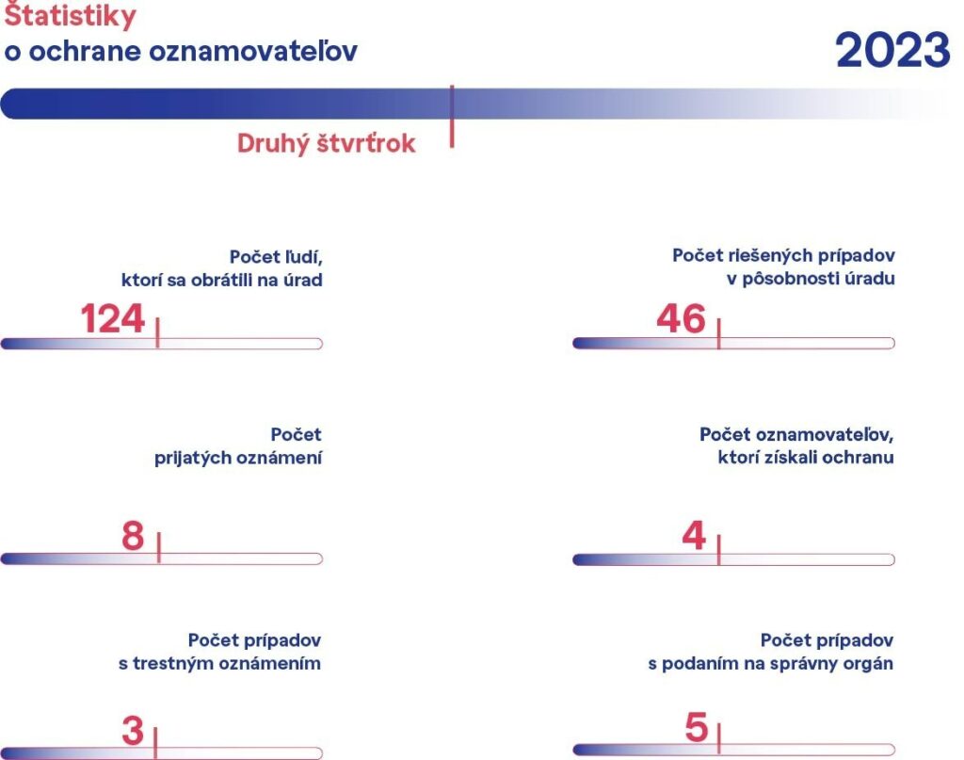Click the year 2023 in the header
coord(892,51)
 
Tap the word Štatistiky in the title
coord(70,15)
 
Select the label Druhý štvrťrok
coord(327,144)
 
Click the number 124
coord(113,318)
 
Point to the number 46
coord(681,318)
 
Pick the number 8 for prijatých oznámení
coord(133,536)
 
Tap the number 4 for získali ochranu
coord(694,536)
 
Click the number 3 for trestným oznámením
coord(132,731)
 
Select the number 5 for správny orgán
coord(697,728)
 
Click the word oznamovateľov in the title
coord(253,51)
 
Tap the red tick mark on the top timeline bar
coord(452,116)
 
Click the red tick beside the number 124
coord(157,332)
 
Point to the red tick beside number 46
coord(718,333)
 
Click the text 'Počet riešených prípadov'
coord(783,256)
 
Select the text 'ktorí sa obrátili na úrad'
coord(222,280)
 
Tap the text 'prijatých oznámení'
coord(238,458)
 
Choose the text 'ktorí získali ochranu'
coord(806,458)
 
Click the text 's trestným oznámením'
coord(219,663)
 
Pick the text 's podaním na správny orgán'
coord(770,664)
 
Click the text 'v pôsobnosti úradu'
coord(811,279)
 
